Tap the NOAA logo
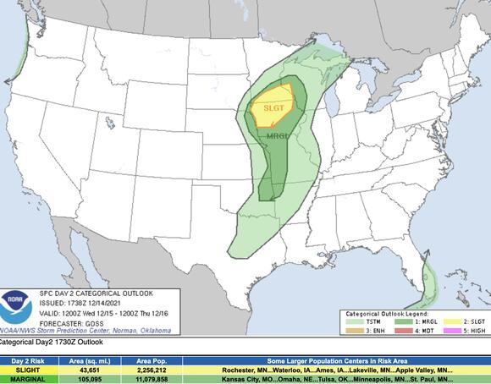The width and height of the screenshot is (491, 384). (14, 300)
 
